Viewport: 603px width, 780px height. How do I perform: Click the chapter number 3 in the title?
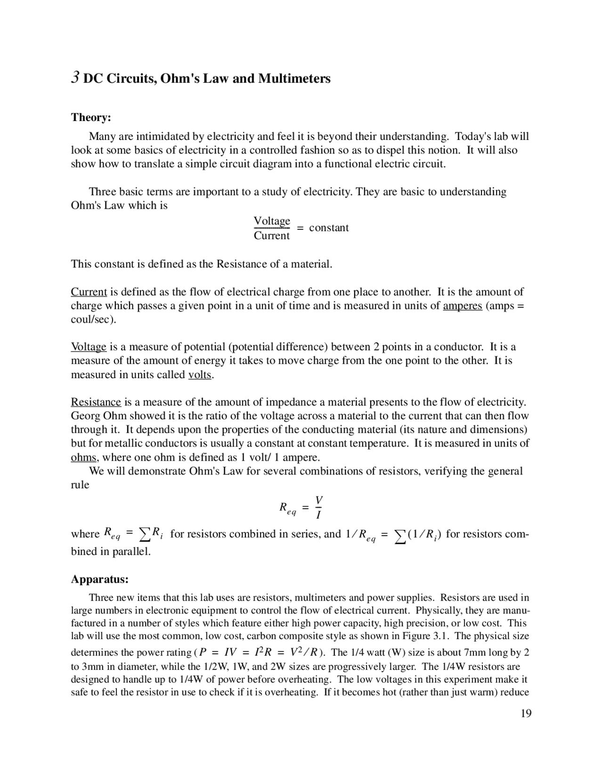75,77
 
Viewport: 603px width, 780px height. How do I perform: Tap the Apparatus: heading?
99,578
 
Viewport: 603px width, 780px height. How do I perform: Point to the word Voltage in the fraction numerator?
272,221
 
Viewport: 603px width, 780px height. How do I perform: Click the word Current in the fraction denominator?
272,236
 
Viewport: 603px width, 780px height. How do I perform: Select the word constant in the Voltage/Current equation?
329,228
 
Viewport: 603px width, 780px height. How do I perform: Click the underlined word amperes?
462,306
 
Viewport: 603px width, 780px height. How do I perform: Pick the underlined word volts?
200,375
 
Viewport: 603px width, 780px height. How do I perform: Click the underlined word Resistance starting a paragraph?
96,402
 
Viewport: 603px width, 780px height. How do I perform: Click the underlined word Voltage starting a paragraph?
89,347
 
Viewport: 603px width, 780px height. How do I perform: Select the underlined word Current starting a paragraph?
89,292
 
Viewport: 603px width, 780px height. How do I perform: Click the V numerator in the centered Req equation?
319,499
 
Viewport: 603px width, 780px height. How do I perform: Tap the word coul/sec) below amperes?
93,319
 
